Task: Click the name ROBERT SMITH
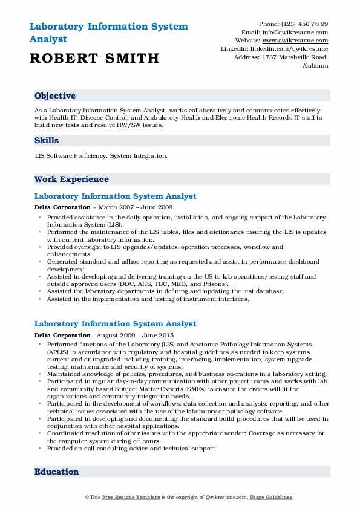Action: click(94, 58)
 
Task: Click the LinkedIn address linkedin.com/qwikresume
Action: click(291, 48)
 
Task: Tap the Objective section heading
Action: click(55, 96)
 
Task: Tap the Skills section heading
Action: click(47, 141)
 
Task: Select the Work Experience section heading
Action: click(71, 180)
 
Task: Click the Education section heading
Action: click(56, 472)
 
